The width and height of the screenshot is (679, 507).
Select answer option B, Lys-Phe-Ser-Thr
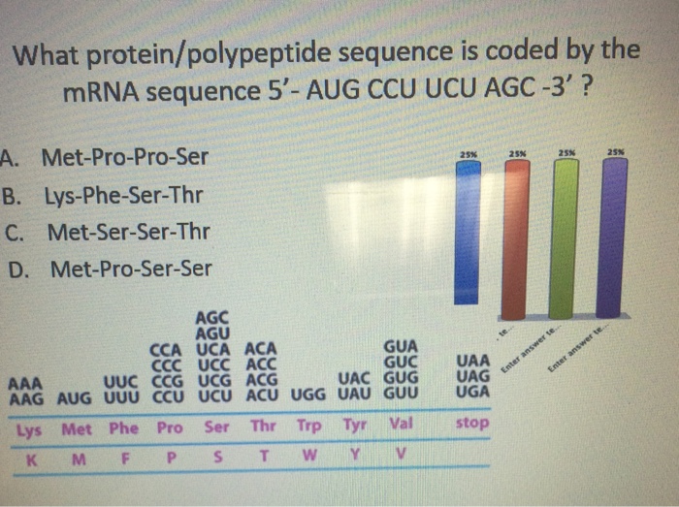pyautogui.click(x=126, y=195)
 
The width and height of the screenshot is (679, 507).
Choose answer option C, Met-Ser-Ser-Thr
pyautogui.click(x=126, y=232)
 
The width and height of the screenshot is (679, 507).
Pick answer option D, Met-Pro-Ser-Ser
pyautogui.click(x=126, y=269)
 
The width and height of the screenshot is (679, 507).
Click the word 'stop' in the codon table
pyautogui.click(x=472, y=424)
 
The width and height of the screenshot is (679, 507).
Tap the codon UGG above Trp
pyautogui.click(x=310, y=396)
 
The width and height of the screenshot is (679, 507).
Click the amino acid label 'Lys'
pyautogui.click(x=29, y=428)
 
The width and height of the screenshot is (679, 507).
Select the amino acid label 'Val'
pyautogui.click(x=401, y=426)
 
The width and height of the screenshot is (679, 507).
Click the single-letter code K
pyautogui.click(x=32, y=455)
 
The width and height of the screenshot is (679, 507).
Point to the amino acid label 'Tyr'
pyautogui.click(x=355, y=427)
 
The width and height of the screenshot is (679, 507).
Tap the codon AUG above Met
pyautogui.click(x=77, y=397)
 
